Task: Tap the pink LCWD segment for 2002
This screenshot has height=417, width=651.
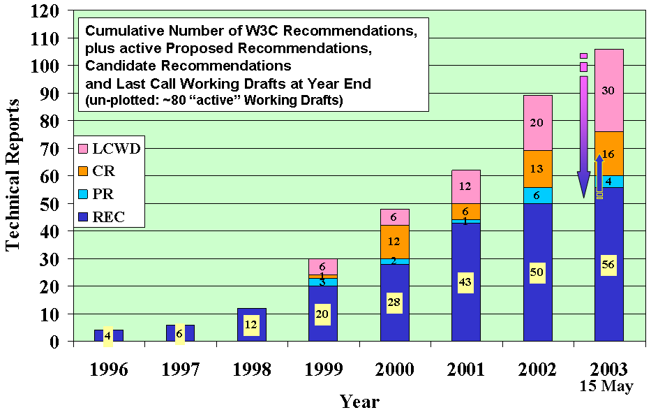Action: pyautogui.click(x=537, y=123)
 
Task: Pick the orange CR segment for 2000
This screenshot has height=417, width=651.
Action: pyautogui.click(x=395, y=242)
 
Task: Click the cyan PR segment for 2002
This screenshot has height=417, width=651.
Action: pyautogui.click(x=537, y=196)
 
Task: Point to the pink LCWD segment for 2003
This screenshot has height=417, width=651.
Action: pyautogui.click(x=608, y=91)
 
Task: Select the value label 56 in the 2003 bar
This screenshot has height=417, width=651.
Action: pyautogui.click(x=608, y=265)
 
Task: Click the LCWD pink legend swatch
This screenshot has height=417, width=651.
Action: pyautogui.click(x=83, y=149)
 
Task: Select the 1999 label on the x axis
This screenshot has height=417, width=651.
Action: pyautogui.click(x=323, y=370)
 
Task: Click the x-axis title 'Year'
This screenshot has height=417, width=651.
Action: pyautogui.click(x=359, y=402)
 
